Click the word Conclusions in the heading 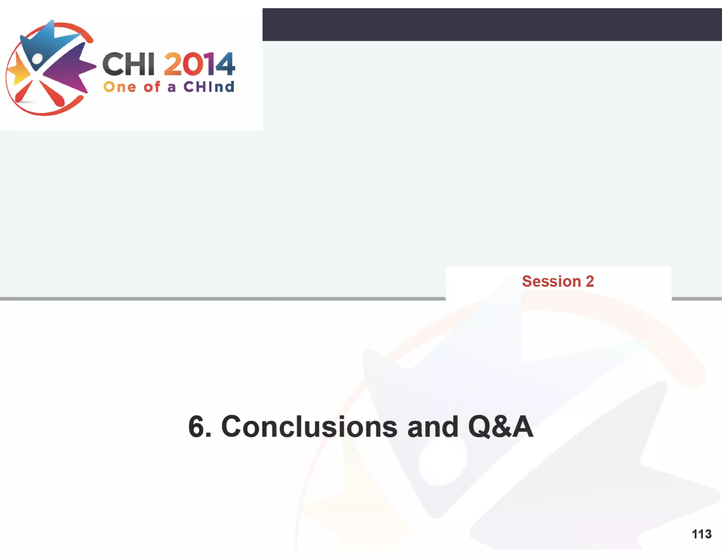pos(309,427)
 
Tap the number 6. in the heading pos(200,427)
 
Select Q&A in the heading pos(500,427)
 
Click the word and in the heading pos(433,427)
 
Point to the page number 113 pos(702,534)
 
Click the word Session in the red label pos(551,281)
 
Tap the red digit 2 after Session pos(590,281)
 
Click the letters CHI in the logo pos(129,64)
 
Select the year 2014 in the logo pos(199,64)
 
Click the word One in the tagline pos(120,87)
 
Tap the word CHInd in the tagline pos(209,87)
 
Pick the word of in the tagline pos(152,87)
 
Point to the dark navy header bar pos(492,24)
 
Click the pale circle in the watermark pos(442,464)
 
